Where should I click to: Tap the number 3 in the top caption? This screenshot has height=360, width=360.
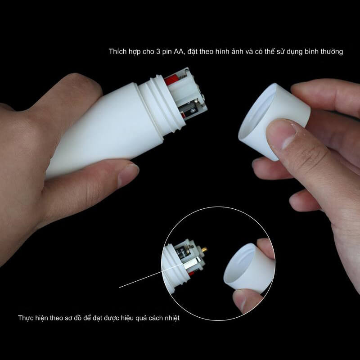158,52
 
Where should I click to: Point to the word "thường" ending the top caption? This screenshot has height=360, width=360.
332,52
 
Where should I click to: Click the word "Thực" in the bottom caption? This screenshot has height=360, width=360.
26,318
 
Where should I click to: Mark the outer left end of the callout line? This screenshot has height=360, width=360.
119,288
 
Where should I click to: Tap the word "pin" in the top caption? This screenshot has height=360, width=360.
166,52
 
